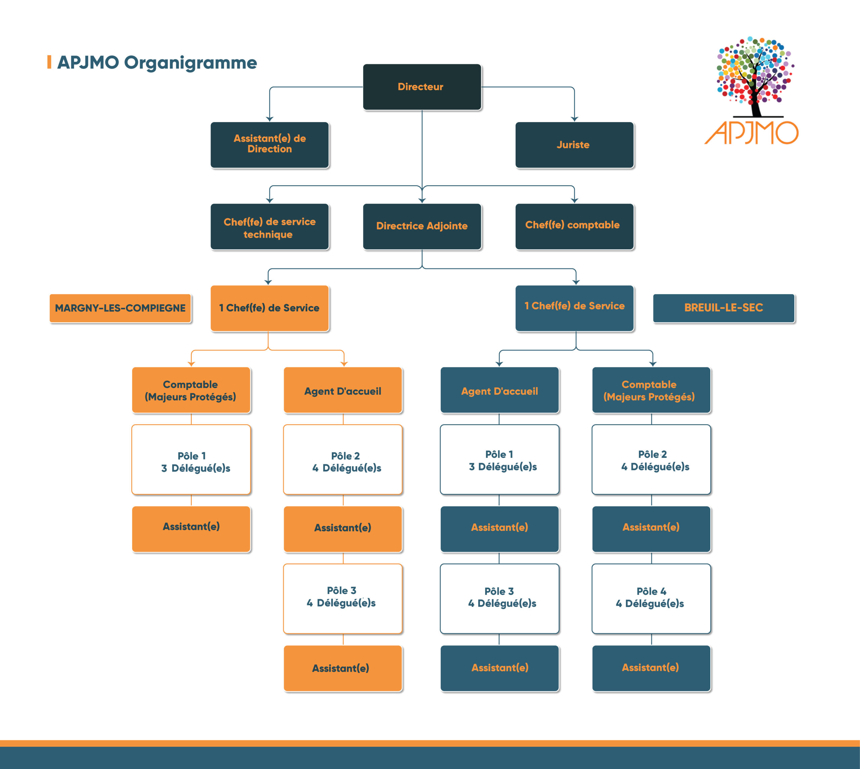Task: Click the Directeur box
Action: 422,87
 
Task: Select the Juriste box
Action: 574,145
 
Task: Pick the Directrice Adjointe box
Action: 422,227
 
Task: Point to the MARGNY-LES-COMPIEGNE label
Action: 120,308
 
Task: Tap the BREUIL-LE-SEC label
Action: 724,308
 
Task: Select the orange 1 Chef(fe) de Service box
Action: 269,308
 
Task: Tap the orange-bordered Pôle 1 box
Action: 191,460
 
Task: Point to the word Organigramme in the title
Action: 190,63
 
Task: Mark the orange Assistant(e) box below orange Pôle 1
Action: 191,529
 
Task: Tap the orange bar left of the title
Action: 49,62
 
